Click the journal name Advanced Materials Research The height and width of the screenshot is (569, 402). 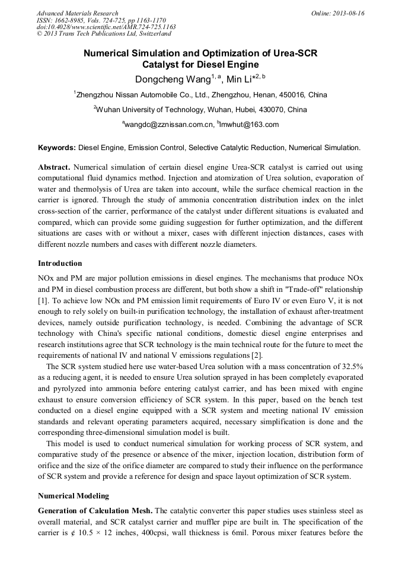[x=77, y=13]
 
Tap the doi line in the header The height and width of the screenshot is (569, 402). [x=106, y=27]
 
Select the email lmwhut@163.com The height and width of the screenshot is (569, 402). [x=249, y=125]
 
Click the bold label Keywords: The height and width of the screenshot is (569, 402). [x=57, y=147]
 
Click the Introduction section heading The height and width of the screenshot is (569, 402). [x=60, y=263]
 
